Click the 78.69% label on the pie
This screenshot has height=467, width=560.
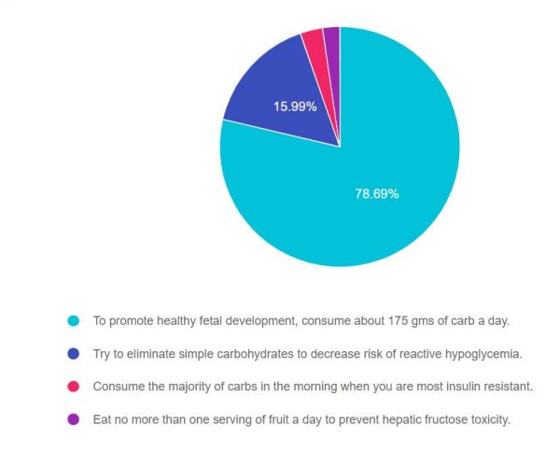pos(377,194)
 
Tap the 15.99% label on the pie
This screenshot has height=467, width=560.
pos(295,106)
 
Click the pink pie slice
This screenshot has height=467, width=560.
pos(313,41)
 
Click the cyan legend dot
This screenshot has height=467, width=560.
pos(73,320)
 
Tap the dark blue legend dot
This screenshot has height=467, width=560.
pos(73,353)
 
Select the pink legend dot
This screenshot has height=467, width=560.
pos(73,386)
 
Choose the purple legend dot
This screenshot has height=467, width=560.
pos(73,418)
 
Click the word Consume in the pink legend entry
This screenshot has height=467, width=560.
pos(119,386)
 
